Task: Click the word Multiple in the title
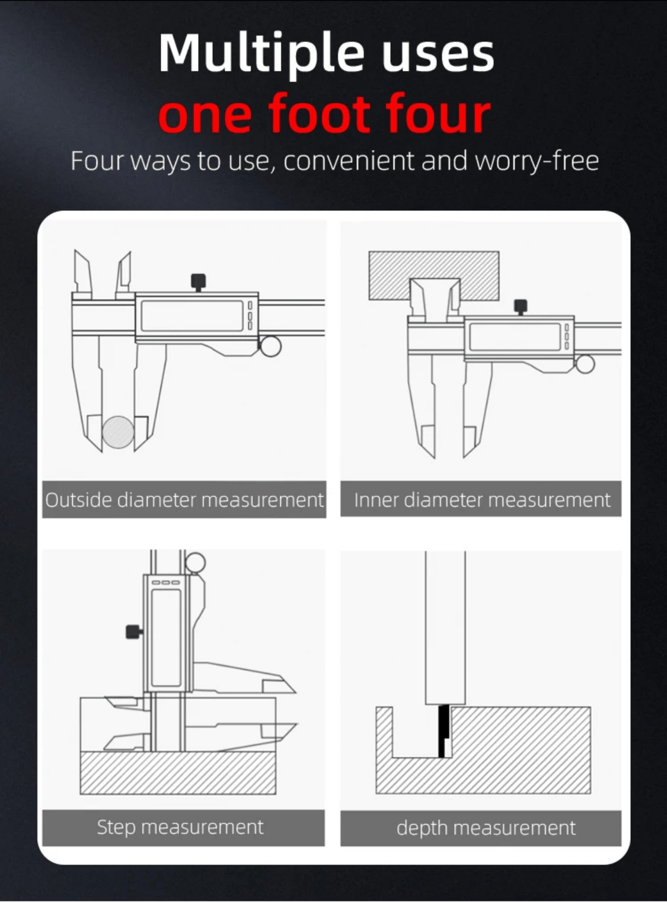(x=261, y=54)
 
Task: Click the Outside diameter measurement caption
(x=184, y=499)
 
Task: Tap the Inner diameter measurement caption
(x=483, y=499)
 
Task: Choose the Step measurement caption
(x=180, y=827)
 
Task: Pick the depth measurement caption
(x=486, y=828)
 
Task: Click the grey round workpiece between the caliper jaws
(x=118, y=432)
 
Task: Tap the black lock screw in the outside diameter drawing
(x=199, y=281)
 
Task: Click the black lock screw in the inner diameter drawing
(x=521, y=306)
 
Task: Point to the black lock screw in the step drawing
(x=134, y=632)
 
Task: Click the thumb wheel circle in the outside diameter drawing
(x=271, y=347)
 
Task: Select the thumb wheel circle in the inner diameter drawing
(x=585, y=364)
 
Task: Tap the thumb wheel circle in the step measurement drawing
(x=195, y=562)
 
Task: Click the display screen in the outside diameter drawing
(x=192, y=316)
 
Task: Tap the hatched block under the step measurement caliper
(x=178, y=773)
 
